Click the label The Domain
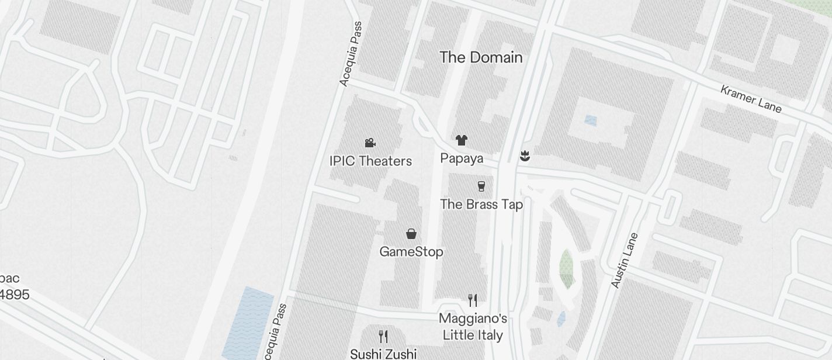point(481,57)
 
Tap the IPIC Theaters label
point(370,161)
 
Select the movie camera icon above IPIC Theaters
point(370,143)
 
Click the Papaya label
point(462,158)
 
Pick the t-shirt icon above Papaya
point(462,140)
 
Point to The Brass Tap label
point(481,204)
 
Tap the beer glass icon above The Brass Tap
point(481,186)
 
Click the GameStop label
point(411,251)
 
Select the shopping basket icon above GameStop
point(411,234)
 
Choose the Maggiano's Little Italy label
point(473,327)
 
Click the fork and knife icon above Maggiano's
point(473,300)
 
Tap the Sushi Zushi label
point(383,354)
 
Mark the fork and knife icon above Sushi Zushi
point(383,336)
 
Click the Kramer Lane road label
point(751,99)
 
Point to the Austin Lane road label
point(625,260)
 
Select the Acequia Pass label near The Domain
point(351,54)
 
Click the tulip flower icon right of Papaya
point(525,155)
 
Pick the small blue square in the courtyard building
point(591,120)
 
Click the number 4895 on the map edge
point(15,294)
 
